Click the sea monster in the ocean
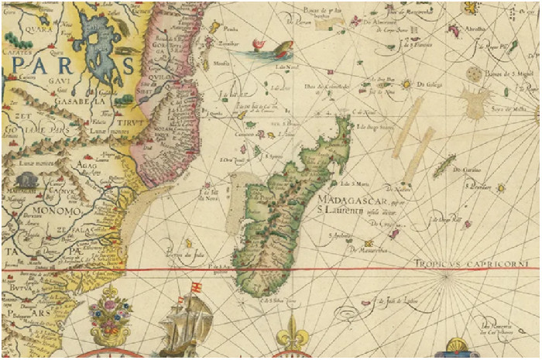267,52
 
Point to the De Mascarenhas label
362,249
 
